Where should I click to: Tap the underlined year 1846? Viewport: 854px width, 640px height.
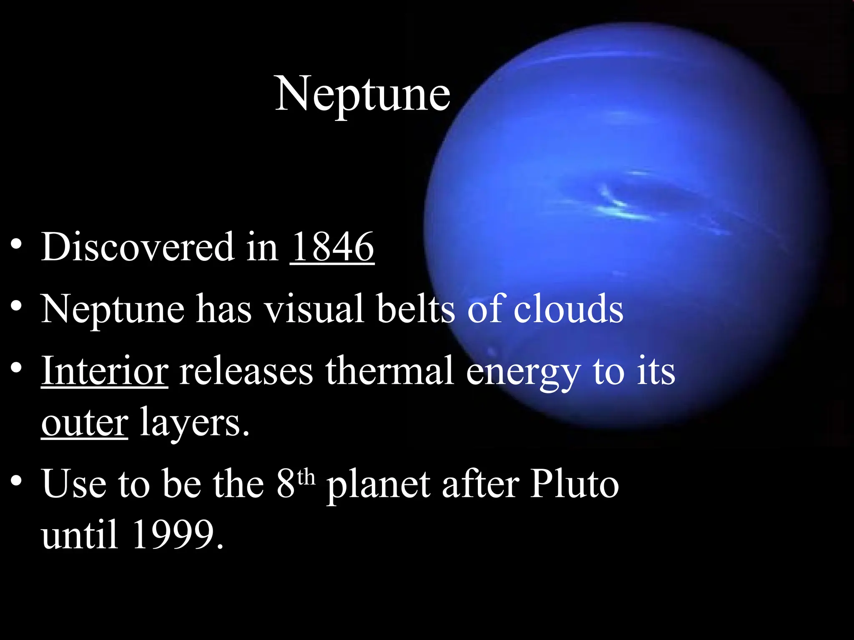coord(332,247)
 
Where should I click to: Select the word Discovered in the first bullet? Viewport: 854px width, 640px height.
coord(138,247)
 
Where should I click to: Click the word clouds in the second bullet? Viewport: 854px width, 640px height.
coord(568,309)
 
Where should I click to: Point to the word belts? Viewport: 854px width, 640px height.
coord(416,309)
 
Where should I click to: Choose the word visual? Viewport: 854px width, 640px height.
coord(315,309)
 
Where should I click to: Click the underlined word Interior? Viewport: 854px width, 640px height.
coord(105,370)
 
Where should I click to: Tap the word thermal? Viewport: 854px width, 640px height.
coord(389,370)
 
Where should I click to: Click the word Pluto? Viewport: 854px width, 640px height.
coord(575,484)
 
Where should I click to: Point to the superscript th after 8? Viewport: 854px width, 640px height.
coord(306,477)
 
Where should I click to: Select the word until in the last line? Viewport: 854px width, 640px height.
coord(79,535)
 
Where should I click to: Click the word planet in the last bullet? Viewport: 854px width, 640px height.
coord(378,485)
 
